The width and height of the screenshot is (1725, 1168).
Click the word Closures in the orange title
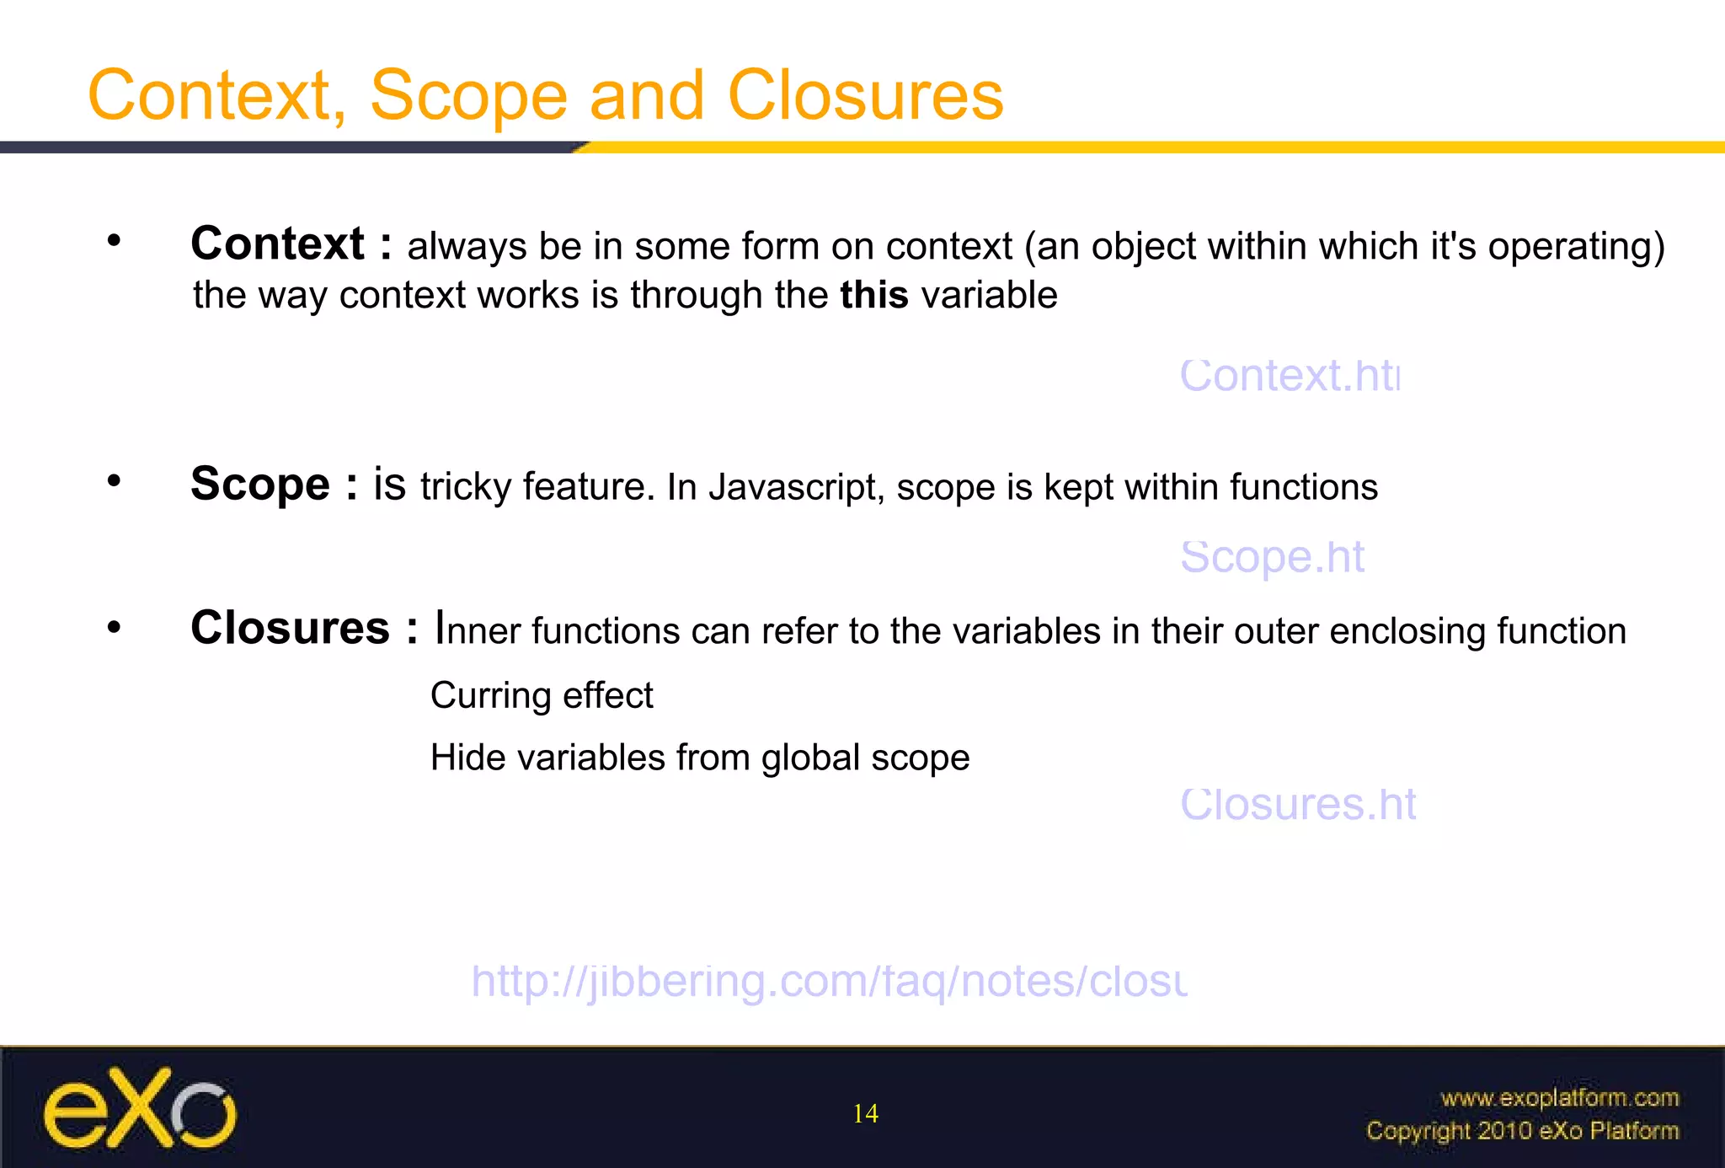tap(865, 95)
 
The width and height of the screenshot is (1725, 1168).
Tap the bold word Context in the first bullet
tap(277, 244)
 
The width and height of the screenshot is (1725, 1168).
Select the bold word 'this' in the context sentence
tap(873, 295)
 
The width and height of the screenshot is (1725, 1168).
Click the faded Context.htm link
tap(1289, 376)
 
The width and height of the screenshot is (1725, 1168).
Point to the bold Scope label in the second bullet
tap(260, 485)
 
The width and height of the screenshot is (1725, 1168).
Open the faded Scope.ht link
tap(1272, 557)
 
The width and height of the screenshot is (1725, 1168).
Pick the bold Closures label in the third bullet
tap(291, 629)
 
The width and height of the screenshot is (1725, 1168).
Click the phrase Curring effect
tap(542, 696)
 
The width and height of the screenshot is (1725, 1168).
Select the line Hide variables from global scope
tap(700, 758)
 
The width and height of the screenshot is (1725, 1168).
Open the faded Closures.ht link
tap(1298, 804)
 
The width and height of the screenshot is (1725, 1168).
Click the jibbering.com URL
tap(829, 982)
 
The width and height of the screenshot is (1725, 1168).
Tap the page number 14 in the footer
tap(865, 1114)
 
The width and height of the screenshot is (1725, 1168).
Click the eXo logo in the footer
tap(140, 1108)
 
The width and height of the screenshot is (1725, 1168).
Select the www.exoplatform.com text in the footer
tap(1559, 1098)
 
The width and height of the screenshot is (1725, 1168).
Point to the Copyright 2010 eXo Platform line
tap(1522, 1131)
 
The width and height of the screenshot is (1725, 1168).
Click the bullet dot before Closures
tap(115, 628)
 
